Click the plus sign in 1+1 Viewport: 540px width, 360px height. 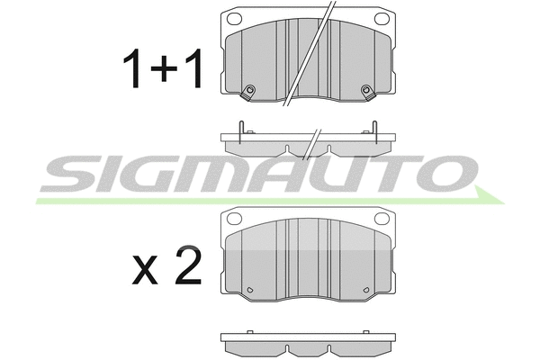[x=164, y=70]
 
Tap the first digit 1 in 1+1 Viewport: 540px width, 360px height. [x=133, y=70]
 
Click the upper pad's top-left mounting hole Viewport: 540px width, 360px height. [x=236, y=18]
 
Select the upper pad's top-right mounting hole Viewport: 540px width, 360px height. [x=381, y=18]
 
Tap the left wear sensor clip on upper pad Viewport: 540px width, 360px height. [x=251, y=89]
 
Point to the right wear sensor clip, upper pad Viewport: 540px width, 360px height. [x=365, y=89]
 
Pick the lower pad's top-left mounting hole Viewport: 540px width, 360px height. [x=236, y=218]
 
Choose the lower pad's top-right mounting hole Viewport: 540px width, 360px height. [x=381, y=218]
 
